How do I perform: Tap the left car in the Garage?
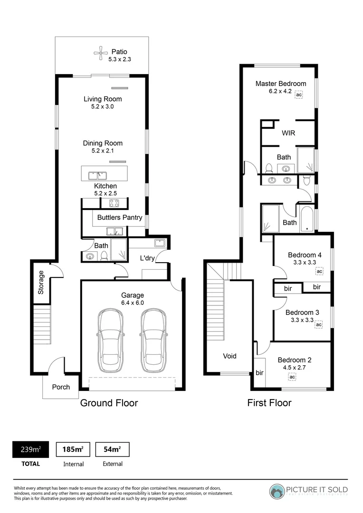tap(111, 341)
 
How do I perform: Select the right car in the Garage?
tap(152, 341)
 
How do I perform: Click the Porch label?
tap(61, 387)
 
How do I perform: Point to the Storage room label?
tap(41, 282)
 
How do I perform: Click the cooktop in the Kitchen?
tap(114, 203)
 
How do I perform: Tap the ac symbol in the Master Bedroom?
tap(298, 95)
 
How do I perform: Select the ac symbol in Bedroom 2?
tap(292, 377)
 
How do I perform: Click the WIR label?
tap(288, 133)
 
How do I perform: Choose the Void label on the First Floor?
tap(230, 356)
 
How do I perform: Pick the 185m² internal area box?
tap(73, 449)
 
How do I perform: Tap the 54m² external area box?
tap(112, 449)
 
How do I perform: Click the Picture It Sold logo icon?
tap(277, 491)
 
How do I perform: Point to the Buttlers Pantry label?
tap(120, 218)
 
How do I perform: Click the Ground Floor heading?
tap(109, 403)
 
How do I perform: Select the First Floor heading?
tap(269, 403)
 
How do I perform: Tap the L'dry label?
tap(147, 258)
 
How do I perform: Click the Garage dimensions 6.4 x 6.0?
tap(132, 303)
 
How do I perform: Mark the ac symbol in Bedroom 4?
tap(319, 271)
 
